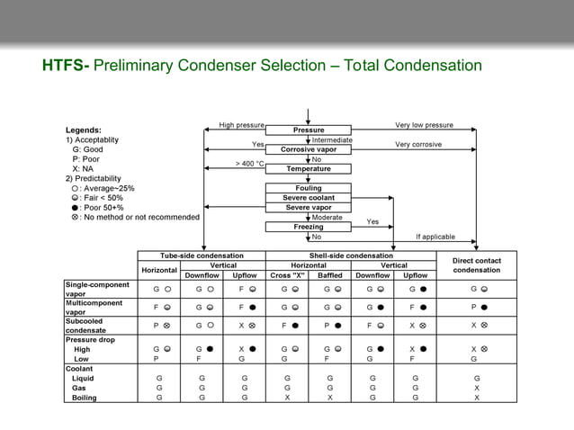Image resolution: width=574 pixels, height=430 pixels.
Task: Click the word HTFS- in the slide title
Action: (x=66, y=67)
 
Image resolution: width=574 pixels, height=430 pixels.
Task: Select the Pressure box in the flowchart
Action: (x=309, y=130)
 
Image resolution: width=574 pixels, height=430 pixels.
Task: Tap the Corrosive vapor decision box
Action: (x=309, y=149)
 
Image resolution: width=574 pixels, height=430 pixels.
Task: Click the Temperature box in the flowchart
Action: (x=309, y=168)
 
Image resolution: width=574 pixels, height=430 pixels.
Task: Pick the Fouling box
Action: (x=309, y=188)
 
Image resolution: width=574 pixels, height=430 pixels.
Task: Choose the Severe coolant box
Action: (x=309, y=198)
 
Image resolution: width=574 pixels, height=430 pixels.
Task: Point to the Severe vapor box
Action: (x=309, y=208)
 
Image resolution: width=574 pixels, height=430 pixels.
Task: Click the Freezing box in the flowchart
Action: (x=309, y=227)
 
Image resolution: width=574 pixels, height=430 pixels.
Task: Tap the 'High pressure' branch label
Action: (x=242, y=125)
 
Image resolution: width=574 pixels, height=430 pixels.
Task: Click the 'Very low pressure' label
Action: (x=424, y=125)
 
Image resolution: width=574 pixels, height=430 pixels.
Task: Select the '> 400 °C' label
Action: (x=249, y=164)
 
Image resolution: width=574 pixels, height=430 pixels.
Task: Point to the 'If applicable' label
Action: (x=435, y=237)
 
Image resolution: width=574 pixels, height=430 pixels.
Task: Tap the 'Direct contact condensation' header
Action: (x=476, y=265)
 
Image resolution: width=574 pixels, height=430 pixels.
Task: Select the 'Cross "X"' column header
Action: (x=286, y=275)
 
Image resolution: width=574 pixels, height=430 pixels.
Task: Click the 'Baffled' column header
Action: (x=330, y=275)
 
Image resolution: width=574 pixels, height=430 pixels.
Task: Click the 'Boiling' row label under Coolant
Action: (x=85, y=397)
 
